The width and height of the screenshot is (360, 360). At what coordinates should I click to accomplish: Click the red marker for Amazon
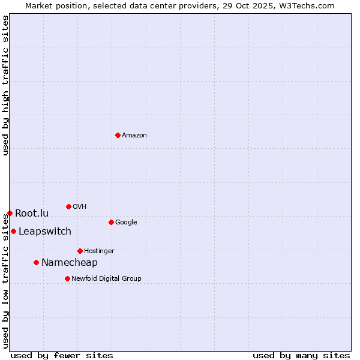tap(118, 135)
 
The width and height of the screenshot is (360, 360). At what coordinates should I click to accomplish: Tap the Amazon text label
tap(134, 136)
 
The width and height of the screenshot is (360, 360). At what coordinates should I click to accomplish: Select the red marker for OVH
tap(68, 206)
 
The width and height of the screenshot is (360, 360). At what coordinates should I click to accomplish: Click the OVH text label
tap(79, 207)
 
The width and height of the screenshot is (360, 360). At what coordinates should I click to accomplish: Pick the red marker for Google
tap(111, 222)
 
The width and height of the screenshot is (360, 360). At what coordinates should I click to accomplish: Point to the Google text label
tap(126, 223)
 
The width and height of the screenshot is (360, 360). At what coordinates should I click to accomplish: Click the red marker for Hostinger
tap(80, 251)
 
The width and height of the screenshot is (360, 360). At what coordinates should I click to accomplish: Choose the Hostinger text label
tap(99, 251)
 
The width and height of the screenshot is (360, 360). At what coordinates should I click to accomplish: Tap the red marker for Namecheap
tap(36, 262)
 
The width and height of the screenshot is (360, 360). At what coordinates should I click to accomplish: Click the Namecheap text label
tap(69, 263)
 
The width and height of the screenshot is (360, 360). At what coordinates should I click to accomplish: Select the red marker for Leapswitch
tap(13, 231)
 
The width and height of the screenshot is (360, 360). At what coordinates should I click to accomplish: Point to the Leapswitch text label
tap(44, 232)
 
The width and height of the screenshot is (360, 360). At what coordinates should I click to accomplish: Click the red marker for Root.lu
tap(10, 213)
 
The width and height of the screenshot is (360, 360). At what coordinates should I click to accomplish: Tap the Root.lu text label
tap(32, 214)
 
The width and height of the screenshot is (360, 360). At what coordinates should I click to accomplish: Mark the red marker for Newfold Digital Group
tap(67, 278)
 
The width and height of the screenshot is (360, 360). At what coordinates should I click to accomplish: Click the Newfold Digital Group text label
tap(106, 279)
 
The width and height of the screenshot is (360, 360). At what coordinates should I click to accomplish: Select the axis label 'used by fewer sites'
tap(62, 355)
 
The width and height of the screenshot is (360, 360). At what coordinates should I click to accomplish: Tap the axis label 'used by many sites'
tap(301, 355)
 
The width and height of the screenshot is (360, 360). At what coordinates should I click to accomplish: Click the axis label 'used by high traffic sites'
tap(5, 85)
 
